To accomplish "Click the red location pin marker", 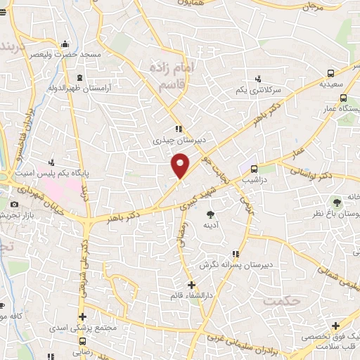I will [x=181, y=167].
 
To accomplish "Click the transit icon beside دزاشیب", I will [x=254, y=169].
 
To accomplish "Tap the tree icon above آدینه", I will [x=209, y=212].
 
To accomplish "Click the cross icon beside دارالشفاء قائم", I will [x=191, y=284].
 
